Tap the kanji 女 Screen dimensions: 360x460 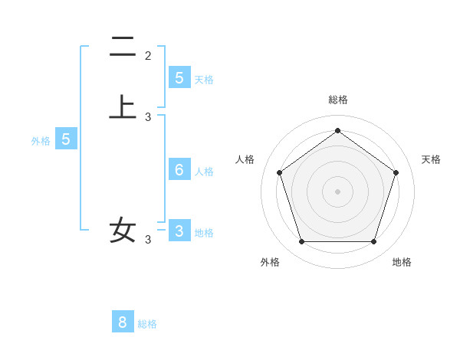click(123, 229)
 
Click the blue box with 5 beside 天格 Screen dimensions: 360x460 click(179, 77)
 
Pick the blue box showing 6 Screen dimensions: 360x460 click(179, 170)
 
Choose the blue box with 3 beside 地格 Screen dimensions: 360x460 click(179, 231)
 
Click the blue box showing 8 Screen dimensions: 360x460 click(123, 322)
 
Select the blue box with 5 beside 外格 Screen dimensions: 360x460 click(66, 139)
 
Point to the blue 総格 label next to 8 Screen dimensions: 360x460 click(147, 324)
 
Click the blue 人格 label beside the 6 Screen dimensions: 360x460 click(204, 172)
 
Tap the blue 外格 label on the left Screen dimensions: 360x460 click(40, 141)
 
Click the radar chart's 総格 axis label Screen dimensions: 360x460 click(337, 100)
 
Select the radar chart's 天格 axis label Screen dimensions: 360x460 click(431, 159)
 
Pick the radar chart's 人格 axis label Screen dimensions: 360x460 click(245, 159)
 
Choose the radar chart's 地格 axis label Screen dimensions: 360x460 click(402, 262)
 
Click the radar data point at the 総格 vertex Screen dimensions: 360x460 click(337, 130)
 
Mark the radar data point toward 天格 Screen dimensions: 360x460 click(396, 172)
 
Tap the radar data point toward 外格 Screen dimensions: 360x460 click(301, 242)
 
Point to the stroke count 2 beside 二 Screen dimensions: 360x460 click(148, 55)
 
